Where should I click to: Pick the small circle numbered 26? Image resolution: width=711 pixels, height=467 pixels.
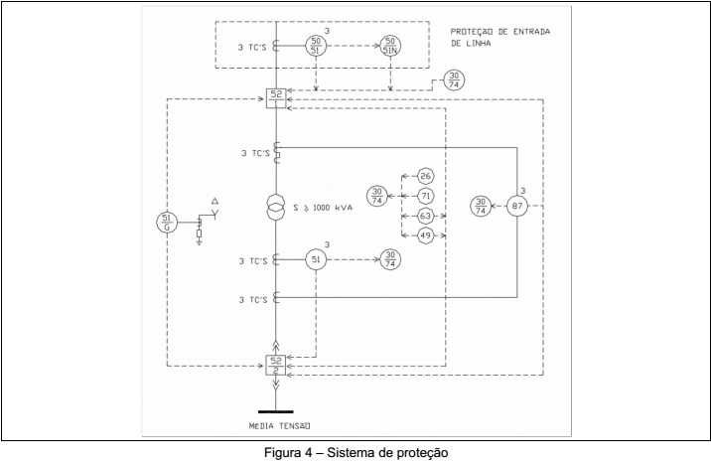(425, 176)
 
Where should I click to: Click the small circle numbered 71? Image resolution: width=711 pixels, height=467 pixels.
(425, 195)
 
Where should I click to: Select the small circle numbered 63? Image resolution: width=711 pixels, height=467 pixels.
(425, 214)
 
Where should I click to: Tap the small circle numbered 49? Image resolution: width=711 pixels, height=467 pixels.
(425, 233)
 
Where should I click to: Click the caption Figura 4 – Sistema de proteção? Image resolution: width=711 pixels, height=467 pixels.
(355, 453)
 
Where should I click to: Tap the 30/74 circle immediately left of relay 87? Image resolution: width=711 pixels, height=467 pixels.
(481, 208)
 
